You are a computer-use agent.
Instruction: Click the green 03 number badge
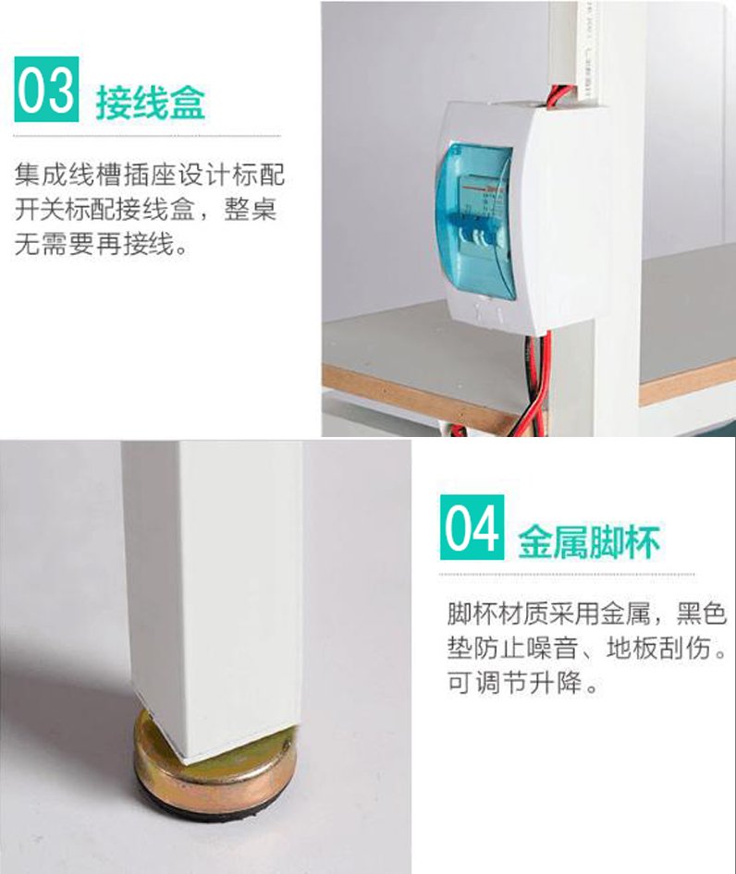[x=46, y=89]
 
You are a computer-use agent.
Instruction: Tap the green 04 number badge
[x=472, y=527]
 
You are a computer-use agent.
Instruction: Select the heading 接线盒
[x=151, y=103]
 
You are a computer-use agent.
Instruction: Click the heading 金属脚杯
[x=589, y=541]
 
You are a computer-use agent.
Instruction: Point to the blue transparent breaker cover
[x=474, y=222]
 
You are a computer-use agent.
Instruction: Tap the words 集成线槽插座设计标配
[x=149, y=175]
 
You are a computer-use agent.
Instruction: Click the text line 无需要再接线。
[x=102, y=244]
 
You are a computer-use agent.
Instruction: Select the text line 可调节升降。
[x=522, y=682]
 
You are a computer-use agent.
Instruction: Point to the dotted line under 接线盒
[x=147, y=136]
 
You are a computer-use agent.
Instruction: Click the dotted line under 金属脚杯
[x=567, y=574]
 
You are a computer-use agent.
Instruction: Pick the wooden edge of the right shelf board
[x=687, y=382]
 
